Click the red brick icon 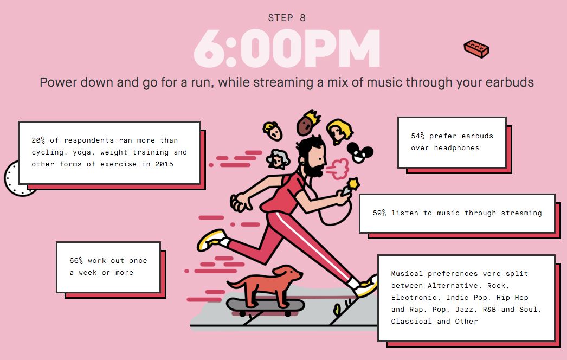coord(476,49)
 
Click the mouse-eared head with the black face coord(359,152)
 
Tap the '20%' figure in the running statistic coord(38,140)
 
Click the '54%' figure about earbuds coord(417,136)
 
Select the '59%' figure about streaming coord(379,213)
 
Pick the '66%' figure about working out coord(76,261)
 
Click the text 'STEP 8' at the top coord(287,18)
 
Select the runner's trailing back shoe coord(211,240)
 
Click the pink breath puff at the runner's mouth coord(338,169)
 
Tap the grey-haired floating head coord(278,159)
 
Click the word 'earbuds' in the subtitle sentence coord(510,82)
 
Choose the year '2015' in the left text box coord(164,164)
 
